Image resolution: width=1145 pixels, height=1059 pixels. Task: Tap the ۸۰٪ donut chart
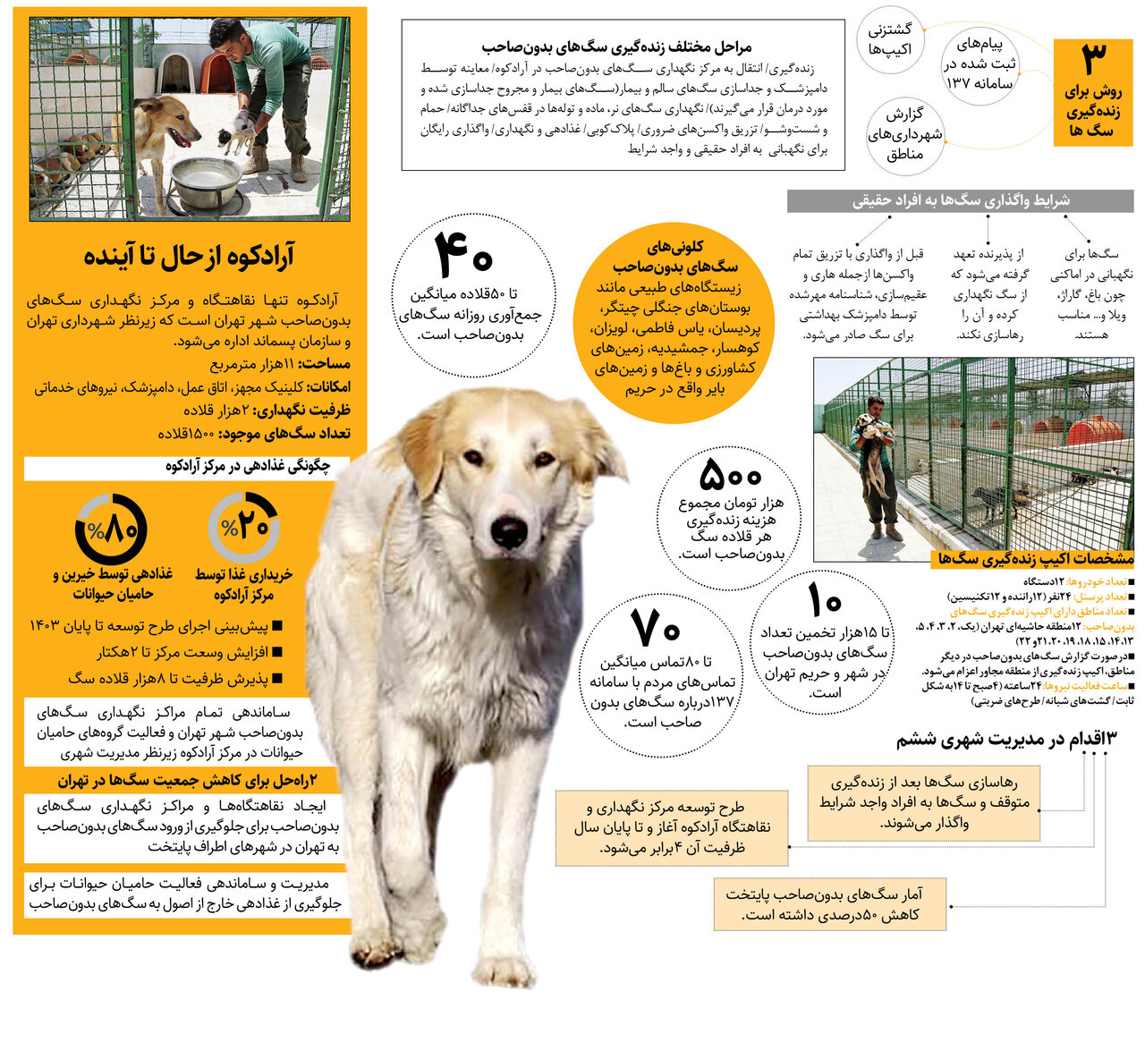click(x=111, y=530)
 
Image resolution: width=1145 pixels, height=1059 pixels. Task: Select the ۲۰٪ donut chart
click(x=244, y=527)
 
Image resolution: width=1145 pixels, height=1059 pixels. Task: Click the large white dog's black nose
click(x=509, y=533)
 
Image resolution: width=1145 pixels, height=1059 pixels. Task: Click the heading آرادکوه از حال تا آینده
click(x=189, y=257)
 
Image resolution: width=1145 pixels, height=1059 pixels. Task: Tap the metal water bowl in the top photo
click(x=207, y=180)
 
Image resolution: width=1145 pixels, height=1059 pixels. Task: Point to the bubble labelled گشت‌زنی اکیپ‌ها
click(x=890, y=39)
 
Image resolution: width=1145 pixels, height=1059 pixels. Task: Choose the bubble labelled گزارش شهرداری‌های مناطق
click(x=904, y=135)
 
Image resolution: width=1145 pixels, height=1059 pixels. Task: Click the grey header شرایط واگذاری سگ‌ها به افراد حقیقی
click(x=960, y=201)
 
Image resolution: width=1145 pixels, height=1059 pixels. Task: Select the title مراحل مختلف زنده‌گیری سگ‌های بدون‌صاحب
click(x=616, y=47)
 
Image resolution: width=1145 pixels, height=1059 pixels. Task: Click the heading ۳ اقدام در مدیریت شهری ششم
click(x=1006, y=739)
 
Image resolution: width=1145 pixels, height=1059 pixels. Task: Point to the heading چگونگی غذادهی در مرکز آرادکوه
click(x=247, y=466)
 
